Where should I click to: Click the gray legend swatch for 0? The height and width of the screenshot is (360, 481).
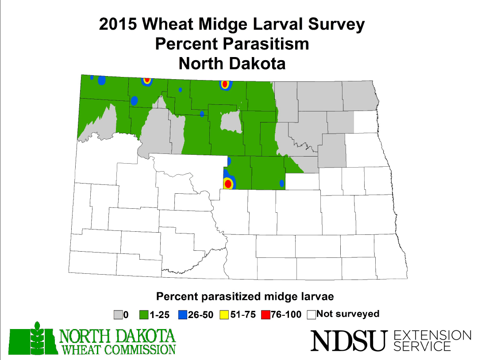118,315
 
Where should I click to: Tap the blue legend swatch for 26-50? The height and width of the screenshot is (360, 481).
182,315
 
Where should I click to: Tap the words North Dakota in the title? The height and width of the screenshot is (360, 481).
232,64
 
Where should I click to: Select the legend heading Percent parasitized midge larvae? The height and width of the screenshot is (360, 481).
245,295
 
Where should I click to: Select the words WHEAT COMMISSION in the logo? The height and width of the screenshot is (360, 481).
118,349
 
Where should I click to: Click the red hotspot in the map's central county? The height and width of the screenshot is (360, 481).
228,183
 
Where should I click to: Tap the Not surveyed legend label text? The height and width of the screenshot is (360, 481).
348,314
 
